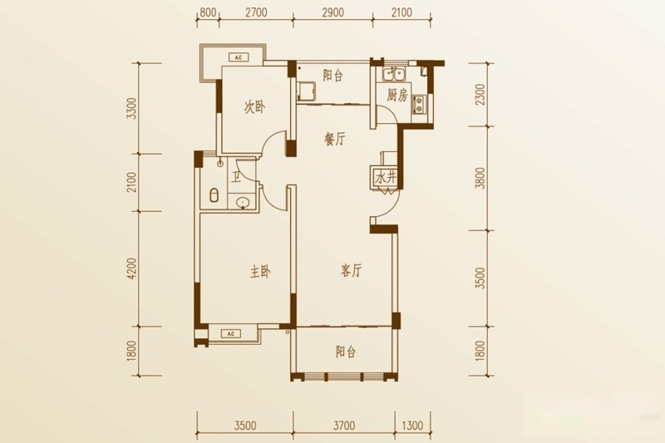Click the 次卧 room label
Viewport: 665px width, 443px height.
[254, 107]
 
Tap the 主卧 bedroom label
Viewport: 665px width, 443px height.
[260, 272]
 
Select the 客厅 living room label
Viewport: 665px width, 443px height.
[351, 270]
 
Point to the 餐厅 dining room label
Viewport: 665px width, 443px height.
[335, 139]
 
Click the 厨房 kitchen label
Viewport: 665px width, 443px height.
[397, 96]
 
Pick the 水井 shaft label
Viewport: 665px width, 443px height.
[386, 178]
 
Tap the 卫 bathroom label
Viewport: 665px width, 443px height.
[236, 175]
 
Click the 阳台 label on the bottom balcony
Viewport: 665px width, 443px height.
[346, 352]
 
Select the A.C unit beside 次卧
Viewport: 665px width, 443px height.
[239, 57]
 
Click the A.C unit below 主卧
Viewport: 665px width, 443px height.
[231, 334]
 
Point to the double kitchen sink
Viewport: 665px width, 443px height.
[394, 74]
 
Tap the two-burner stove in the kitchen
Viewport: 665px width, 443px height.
[419, 104]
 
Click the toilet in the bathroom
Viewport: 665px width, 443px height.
[214, 194]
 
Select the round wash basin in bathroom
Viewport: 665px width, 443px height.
[243, 203]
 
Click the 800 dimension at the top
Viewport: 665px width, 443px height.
[208, 12]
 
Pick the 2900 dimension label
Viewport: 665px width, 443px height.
[332, 12]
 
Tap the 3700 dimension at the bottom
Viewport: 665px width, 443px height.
[343, 425]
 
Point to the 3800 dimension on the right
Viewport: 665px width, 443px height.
[480, 178]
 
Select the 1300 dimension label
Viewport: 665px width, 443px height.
[411, 425]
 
